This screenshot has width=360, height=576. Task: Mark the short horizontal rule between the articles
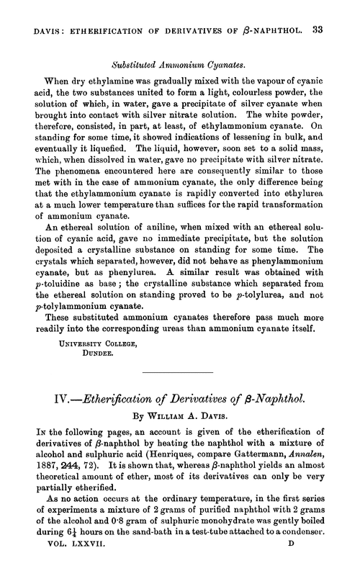click(179, 372)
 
